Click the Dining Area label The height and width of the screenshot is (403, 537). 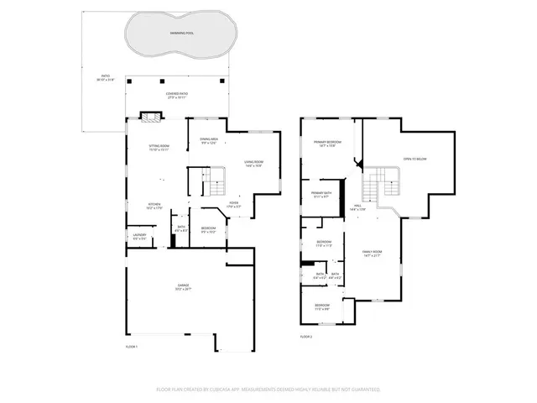point(209,140)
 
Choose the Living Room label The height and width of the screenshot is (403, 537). point(253,164)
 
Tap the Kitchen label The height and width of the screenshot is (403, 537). point(154,206)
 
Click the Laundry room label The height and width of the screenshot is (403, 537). point(139,238)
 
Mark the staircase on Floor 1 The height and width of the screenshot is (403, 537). point(216,179)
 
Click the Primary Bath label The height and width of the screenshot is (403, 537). point(322,194)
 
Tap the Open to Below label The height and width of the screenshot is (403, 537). point(414,158)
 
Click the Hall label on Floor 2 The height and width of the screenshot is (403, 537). point(357,207)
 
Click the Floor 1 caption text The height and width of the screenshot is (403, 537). point(132,346)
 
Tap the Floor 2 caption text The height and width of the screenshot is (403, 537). point(305,337)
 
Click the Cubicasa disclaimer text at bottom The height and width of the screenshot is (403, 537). point(268,390)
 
